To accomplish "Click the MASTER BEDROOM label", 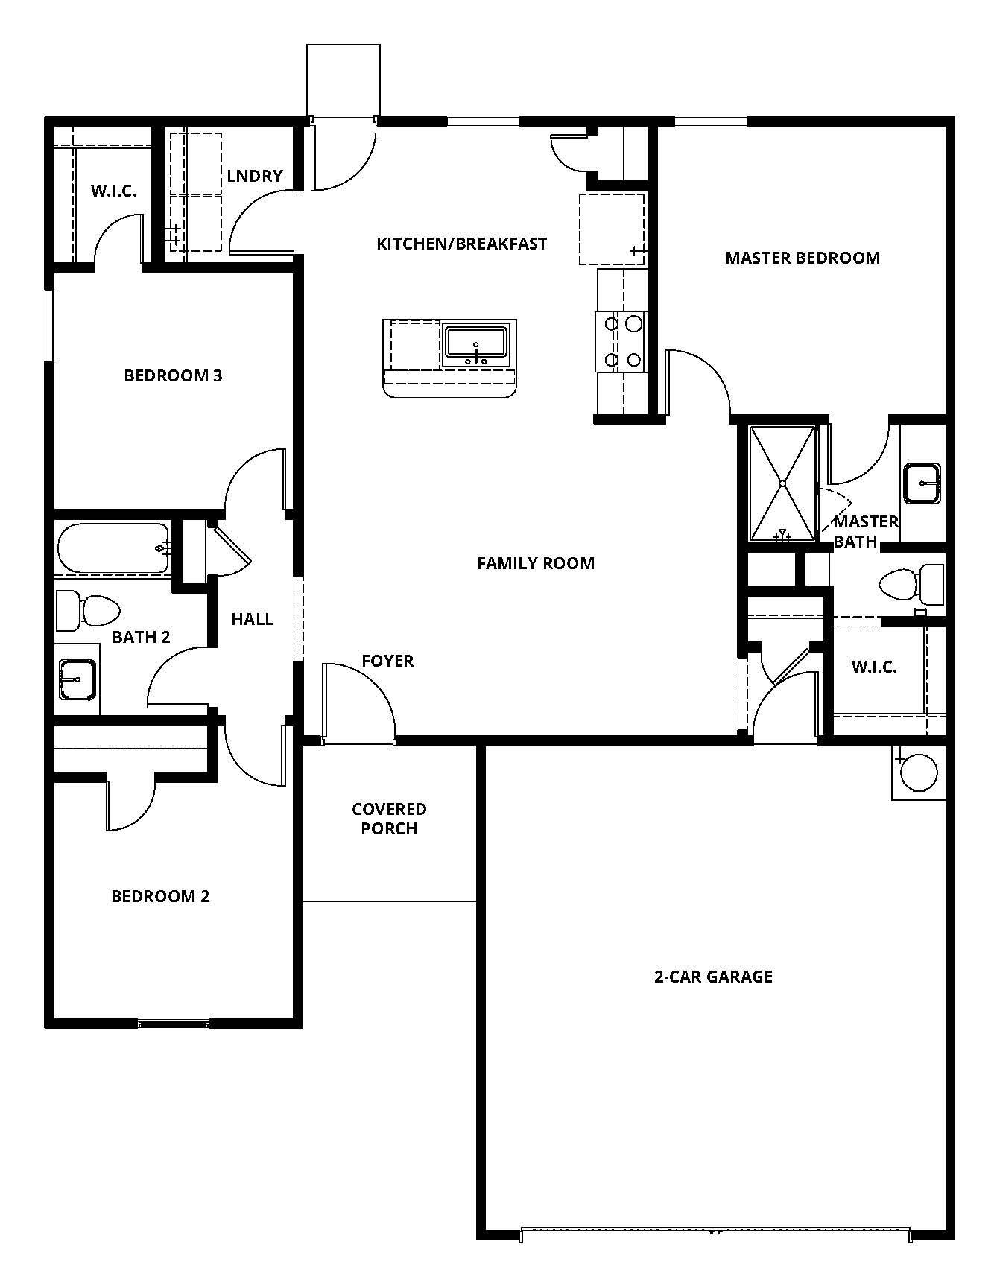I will pyautogui.click(x=803, y=258).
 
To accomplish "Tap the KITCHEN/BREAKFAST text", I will pyautogui.click(x=461, y=244).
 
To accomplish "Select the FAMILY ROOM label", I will pyautogui.click(x=536, y=563).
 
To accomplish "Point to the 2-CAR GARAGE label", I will pyautogui.click(x=713, y=977).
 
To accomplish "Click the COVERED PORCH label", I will pyautogui.click(x=389, y=819).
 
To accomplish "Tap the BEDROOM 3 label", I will pyautogui.click(x=173, y=375).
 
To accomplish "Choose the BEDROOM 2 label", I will pyautogui.click(x=160, y=896).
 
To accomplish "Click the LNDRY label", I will pyautogui.click(x=255, y=176).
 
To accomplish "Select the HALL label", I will pyautogui.click(x=252, y=619).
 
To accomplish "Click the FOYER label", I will pyautogui.click(x=387, y=661).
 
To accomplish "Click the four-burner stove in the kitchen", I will pyautogui.click(x=621, y=342).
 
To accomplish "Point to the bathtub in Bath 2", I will pyautogui.click(x=113, y=548).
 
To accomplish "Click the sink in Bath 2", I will pyautogui.click(x=77, y=679).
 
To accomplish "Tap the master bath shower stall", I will pyautogui.click(x=782, y=483).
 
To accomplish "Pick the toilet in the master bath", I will pyautogui.click(x=911, y=583).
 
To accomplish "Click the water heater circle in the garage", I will pyautogui.click(x=918, y=772).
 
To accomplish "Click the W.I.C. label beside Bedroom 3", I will pyautogui.click(x=114, y=191).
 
